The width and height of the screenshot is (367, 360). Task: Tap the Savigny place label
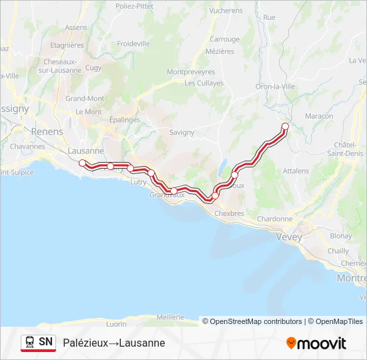181,133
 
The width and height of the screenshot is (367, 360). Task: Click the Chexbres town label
230,213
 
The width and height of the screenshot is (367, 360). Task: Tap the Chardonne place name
274,219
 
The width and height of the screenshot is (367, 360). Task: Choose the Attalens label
296,171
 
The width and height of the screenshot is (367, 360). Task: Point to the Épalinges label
124,120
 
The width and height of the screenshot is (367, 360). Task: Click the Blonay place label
341,235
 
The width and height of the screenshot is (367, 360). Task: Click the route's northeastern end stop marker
285,126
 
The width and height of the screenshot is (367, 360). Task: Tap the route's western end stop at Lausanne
82,163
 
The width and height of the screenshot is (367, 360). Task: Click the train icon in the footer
30,342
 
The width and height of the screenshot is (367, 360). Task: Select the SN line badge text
45,342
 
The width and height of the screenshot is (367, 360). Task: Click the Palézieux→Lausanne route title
113,343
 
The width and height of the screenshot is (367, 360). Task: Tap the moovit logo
316,343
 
